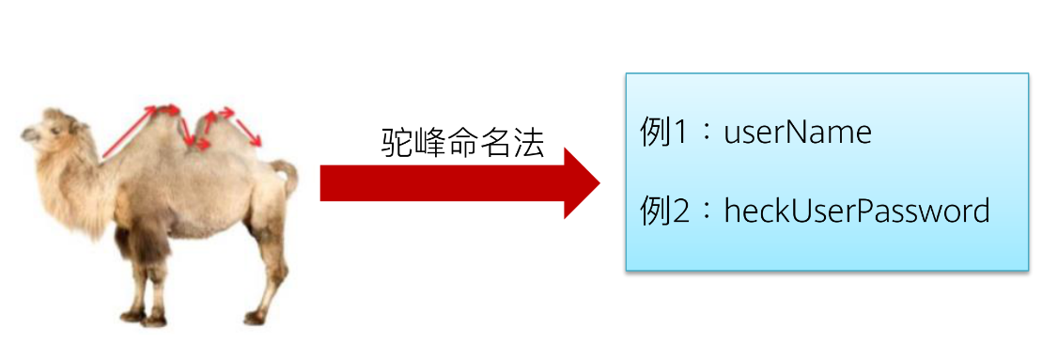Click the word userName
(x=798, y=133)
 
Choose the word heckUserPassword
(x=857, y=211)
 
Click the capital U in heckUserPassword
(x=805, y=211)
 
